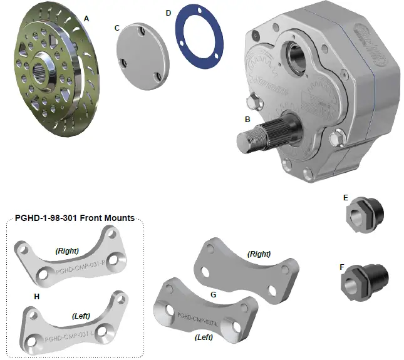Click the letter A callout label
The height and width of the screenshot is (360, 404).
point(86,19)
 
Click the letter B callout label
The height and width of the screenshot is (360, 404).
point(248,118)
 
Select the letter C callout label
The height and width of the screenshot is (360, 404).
point(117,28)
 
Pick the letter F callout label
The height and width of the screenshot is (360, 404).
point(342,266)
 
